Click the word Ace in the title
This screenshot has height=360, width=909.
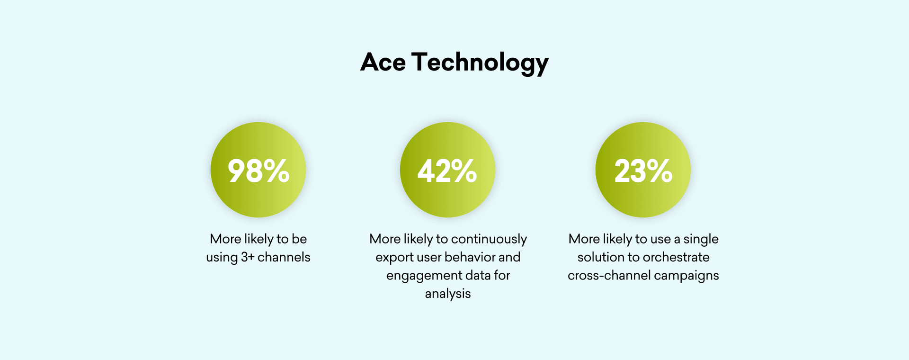(x=383, y=62)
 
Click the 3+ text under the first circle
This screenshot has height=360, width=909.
(x=248, y=257)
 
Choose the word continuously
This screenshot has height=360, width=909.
(x=489, y=240)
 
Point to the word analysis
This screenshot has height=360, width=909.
(x=448, y=294)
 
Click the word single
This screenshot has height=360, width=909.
(x=701, y=240)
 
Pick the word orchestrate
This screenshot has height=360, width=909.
(x=676, y=257)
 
